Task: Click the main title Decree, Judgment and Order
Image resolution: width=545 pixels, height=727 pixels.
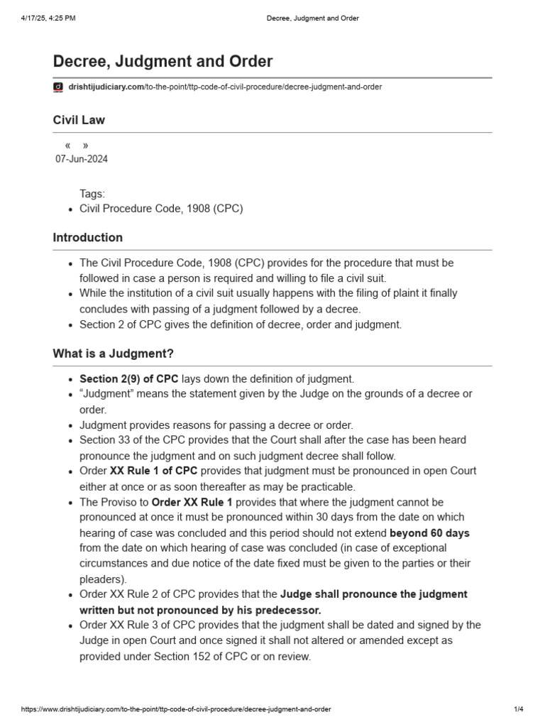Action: coord(163,62)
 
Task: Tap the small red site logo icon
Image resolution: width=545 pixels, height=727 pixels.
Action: coord(58,87)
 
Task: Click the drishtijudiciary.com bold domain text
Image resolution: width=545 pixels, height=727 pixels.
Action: coord(105,87)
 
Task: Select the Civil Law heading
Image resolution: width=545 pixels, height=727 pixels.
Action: coord(79,120)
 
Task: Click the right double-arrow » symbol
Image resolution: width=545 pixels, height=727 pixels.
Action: coord(85,146)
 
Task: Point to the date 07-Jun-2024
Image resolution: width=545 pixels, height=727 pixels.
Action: coord(82,159)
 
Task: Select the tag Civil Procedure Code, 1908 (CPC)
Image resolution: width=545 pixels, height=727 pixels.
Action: coord(161,209)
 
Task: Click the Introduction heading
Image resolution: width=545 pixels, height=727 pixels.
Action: coord(87,238)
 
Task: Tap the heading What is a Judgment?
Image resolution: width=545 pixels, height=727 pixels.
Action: coord(113,353)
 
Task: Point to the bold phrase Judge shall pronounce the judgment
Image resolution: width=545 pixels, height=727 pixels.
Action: coord(374,594)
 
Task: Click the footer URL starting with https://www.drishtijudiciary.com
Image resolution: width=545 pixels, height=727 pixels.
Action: coord(176,709)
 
